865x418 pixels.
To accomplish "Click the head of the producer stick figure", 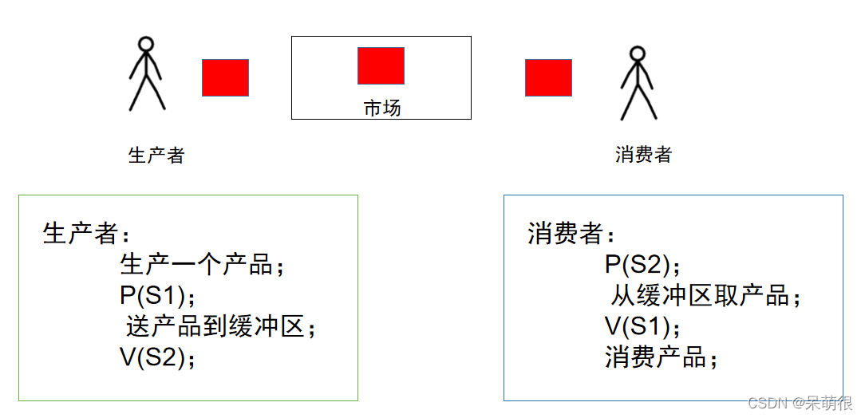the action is tap(144, 44).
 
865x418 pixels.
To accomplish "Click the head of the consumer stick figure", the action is tap(636, 53).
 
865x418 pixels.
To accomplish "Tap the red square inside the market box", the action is tap(381, 65).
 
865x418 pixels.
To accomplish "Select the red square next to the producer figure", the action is tap(225, 77).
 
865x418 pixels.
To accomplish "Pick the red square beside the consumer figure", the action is tap(548, 77).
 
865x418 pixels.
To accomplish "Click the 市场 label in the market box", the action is tap(382, 108).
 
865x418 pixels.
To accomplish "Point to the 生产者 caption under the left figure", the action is tap(156, 155).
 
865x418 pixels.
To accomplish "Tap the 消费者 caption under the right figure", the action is tap(643, 155).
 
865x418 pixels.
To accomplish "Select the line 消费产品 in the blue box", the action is tap(662, 357).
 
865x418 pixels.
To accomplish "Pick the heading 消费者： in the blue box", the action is tap(571, 233).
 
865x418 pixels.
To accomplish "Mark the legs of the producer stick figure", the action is tap(147, 94).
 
